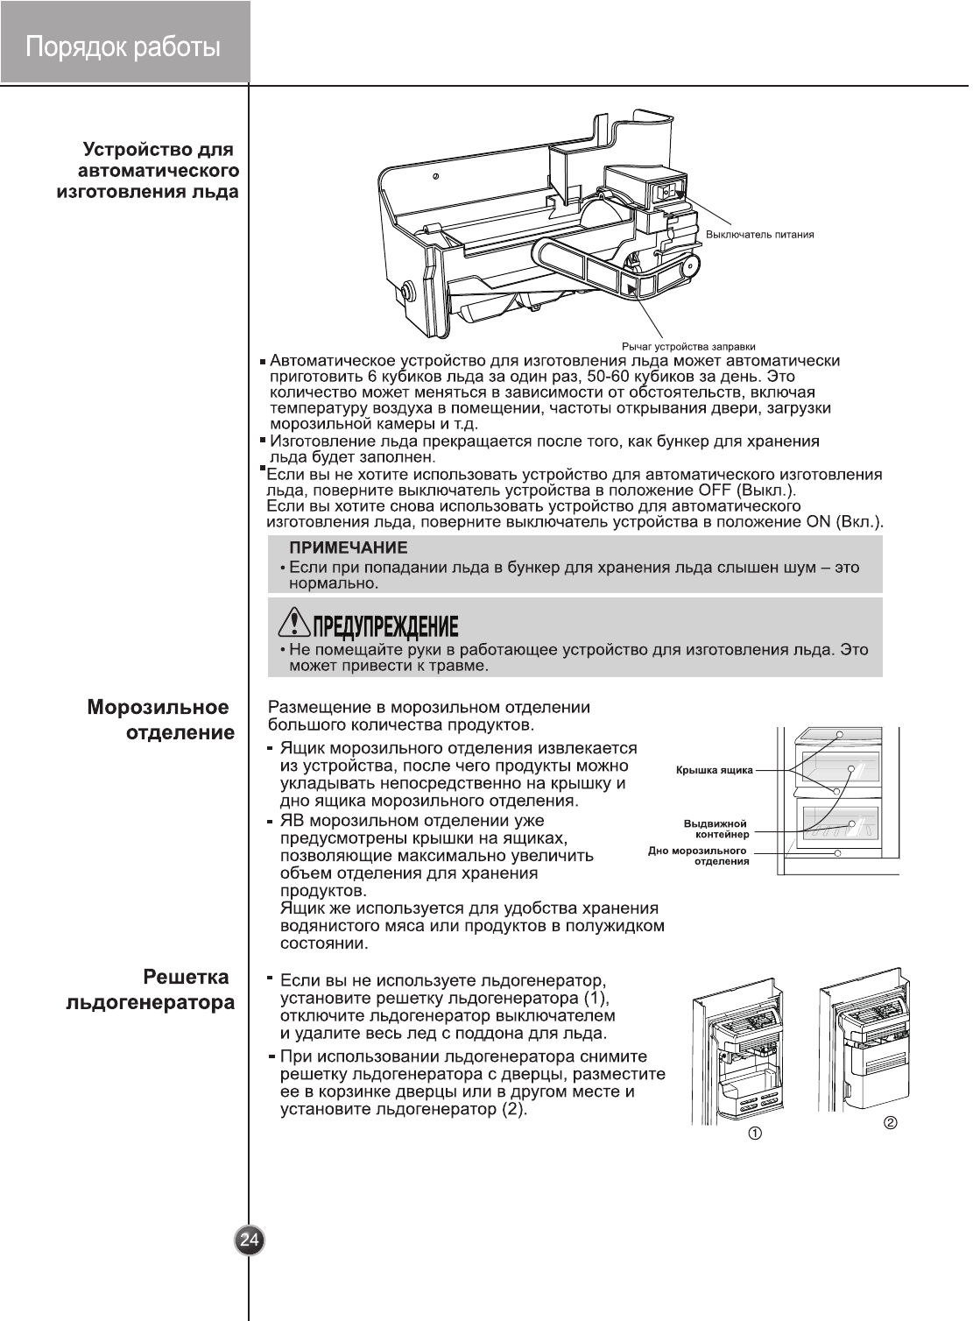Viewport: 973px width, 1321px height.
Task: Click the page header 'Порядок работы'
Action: (x=123, y=46)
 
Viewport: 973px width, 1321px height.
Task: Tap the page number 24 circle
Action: (x=250, y=1240)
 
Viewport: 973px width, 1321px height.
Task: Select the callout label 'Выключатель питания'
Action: (x=759, y=235)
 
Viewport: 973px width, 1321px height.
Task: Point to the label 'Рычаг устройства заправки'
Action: (x=688, y=347)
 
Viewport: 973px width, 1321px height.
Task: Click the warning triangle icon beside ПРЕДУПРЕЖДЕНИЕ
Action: (x=294, y=623)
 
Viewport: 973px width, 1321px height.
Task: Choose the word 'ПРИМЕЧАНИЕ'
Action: (x=349, y=548)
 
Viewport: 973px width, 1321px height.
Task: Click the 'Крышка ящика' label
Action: (x=714, y=771)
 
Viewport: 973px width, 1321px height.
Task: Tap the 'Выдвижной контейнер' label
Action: (x=716, y=829)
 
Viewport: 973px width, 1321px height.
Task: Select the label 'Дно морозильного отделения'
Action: (x=698, y=856)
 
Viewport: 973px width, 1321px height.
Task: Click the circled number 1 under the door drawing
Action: (x=754, y=1133)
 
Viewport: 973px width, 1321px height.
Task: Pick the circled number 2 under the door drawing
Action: (x=891, y=1123)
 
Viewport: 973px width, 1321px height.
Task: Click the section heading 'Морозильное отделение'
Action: (x=159, y=720)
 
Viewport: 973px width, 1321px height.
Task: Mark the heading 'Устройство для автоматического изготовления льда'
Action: (x=149, y=171)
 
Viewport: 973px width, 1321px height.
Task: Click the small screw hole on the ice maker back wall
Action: (x=436, y=177)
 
